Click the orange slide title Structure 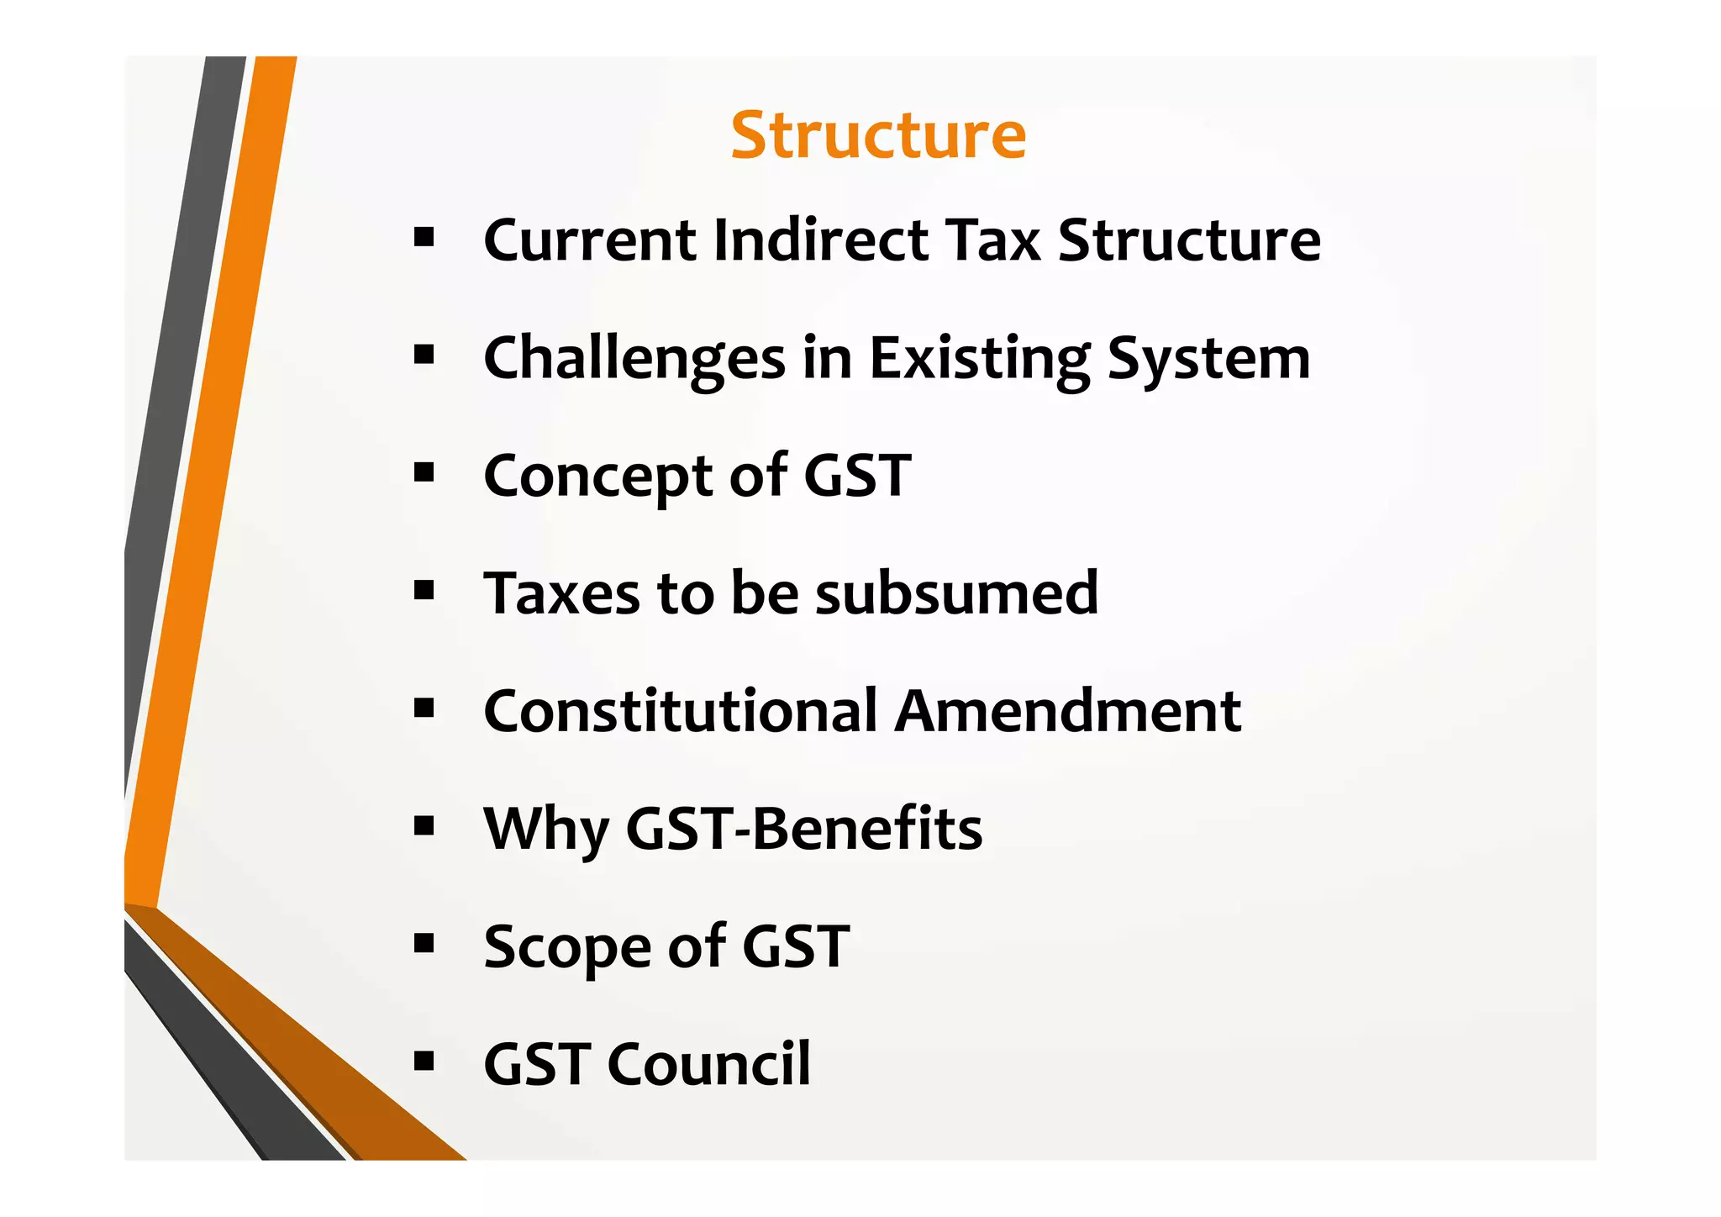pos(878,135)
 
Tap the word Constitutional pos(682,712)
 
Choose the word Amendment pos(1067,712)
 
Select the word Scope pos(567,947)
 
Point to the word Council pos(708,1065)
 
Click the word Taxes pos(561,593)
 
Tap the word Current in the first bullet pos(590,241)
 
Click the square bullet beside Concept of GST pos(424,473)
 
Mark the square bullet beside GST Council pos(424,1062)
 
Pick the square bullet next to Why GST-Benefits pos(424,827)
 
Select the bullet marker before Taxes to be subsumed pos(424,591)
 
